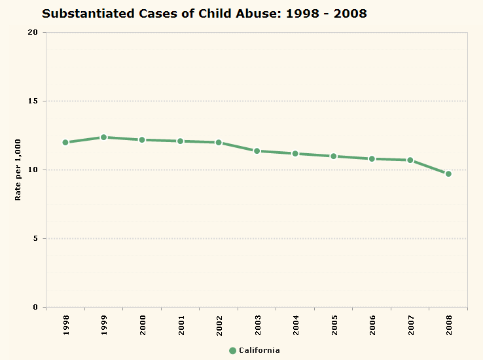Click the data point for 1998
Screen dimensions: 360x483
65,142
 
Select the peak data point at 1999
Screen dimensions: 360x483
103,137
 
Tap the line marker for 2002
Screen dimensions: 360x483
219,142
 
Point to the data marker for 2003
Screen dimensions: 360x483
257,151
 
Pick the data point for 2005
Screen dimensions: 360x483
334,156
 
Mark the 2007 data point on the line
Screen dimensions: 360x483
410,160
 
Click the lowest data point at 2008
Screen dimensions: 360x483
448,173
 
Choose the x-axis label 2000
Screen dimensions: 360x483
142,325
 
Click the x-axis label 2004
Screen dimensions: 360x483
296,325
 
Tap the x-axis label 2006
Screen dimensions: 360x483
372,325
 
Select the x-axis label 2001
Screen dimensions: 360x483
181,325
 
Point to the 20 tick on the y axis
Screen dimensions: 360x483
33,33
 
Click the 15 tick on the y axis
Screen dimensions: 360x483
33,101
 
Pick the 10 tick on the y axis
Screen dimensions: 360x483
33,170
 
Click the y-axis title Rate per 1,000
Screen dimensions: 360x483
18,170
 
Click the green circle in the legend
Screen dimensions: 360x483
232,350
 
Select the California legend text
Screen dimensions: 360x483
259,350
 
